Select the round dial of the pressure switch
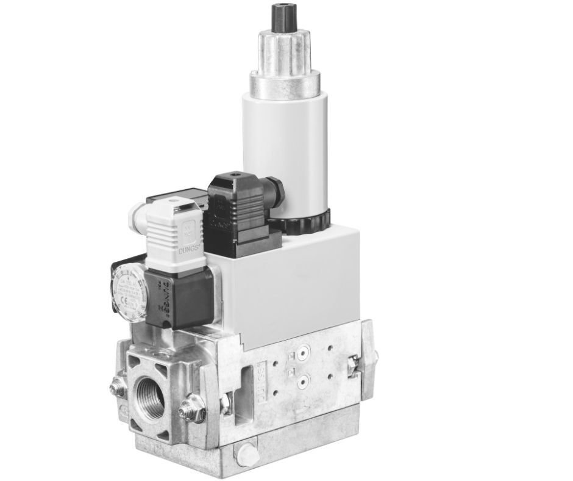click(129, 293)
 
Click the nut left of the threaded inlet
click(116, 387)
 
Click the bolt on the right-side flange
click(352, 364)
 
